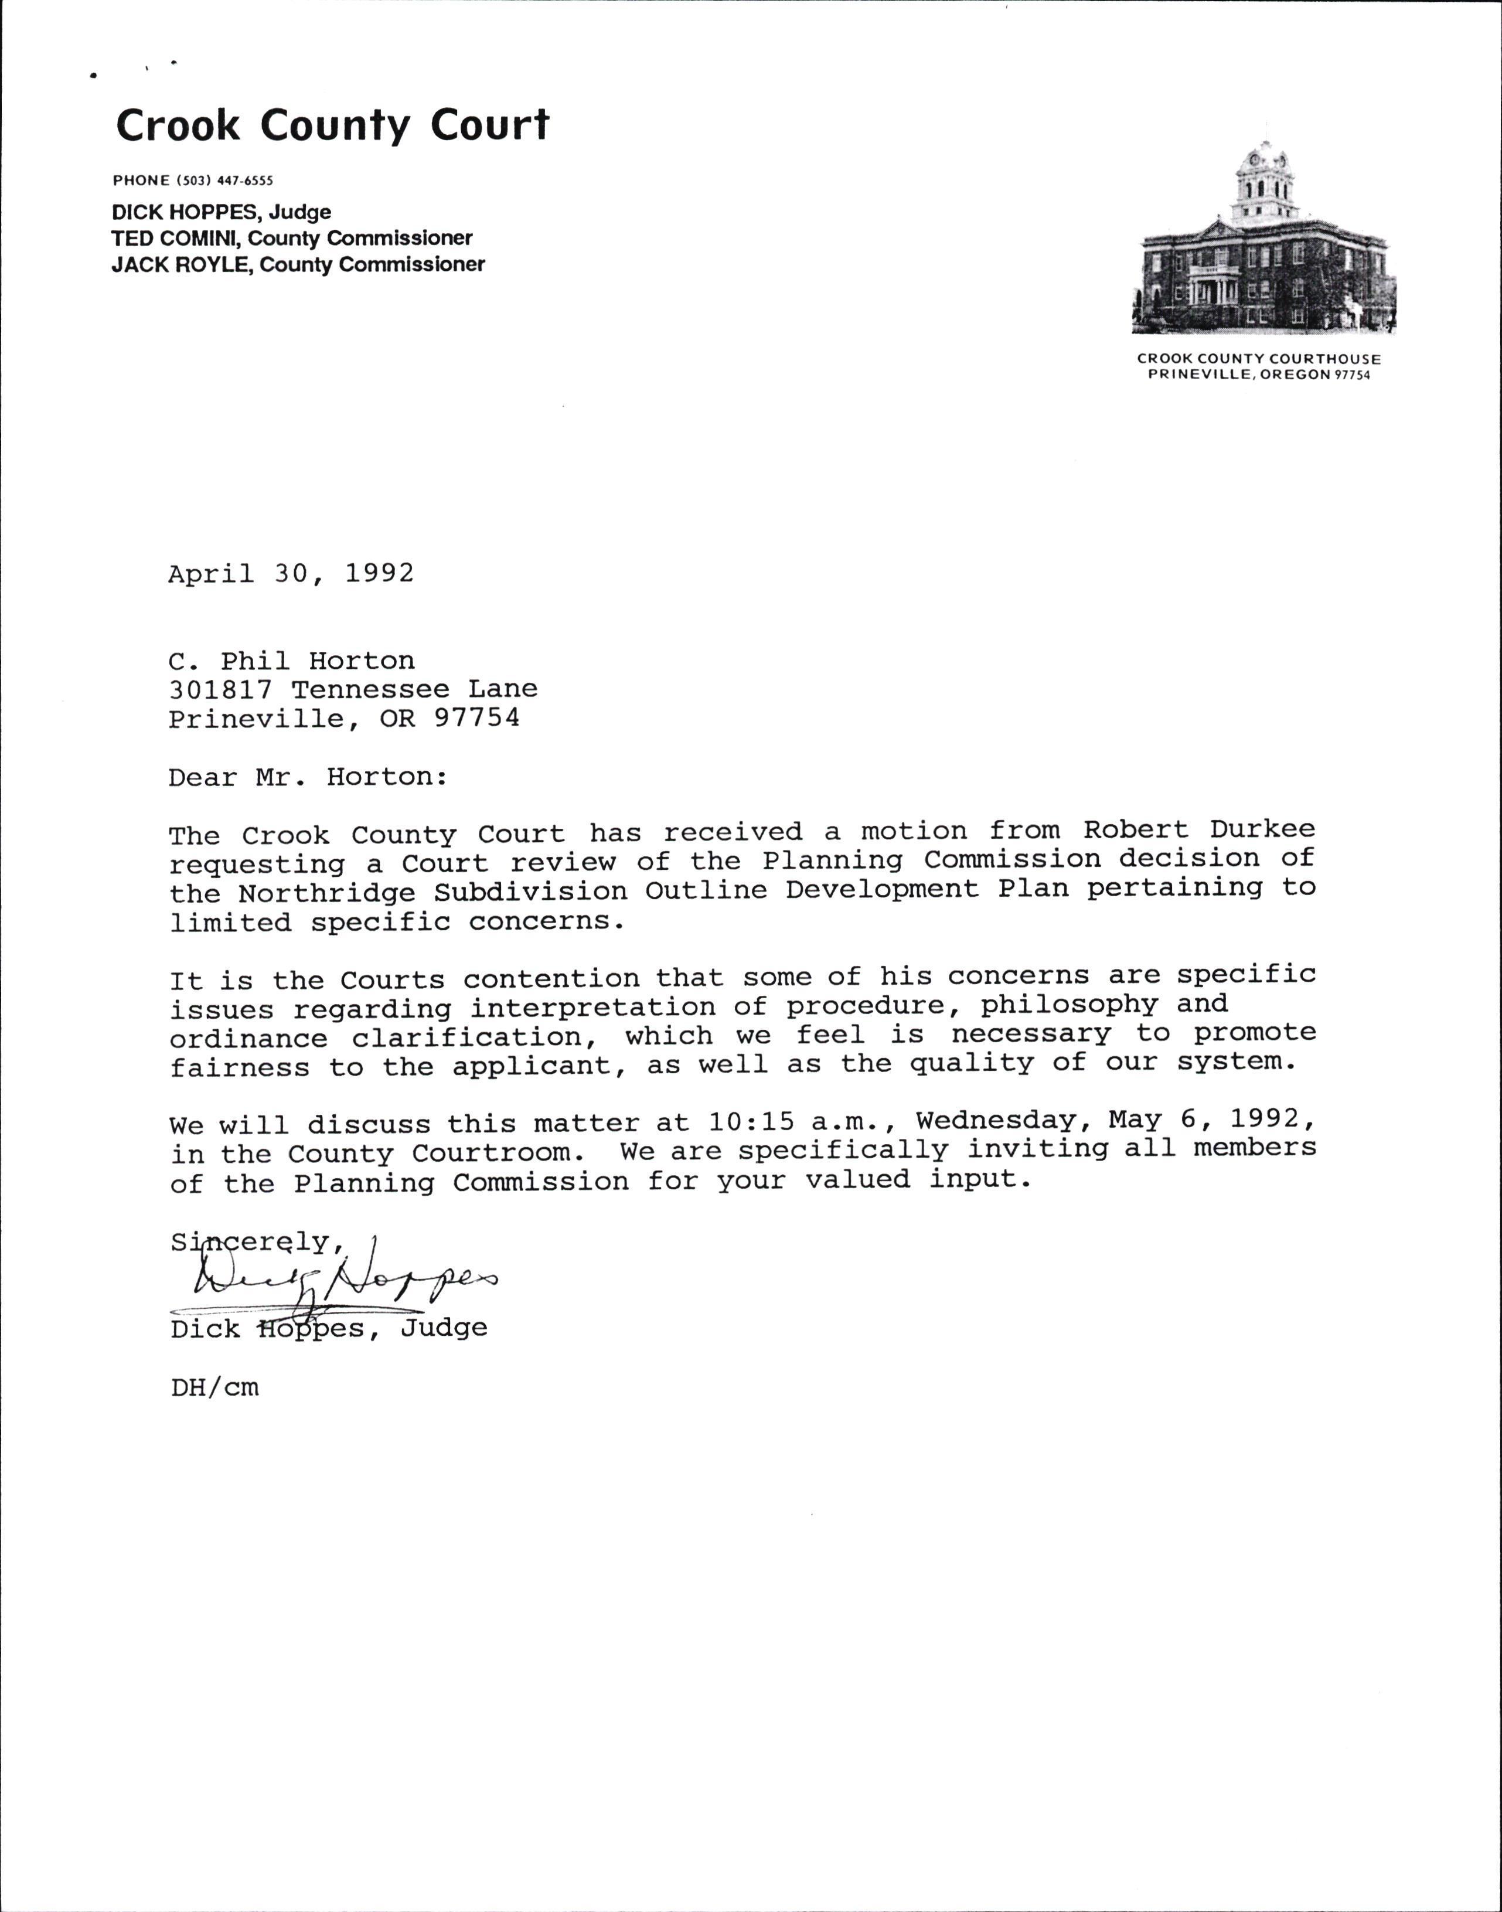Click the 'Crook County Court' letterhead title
tap(332, 126)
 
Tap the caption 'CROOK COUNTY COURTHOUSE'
tap(1258, 359)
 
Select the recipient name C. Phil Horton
tap(291, 661)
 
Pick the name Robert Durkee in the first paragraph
tap(1198, 829)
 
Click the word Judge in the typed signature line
tap(444, 1328)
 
